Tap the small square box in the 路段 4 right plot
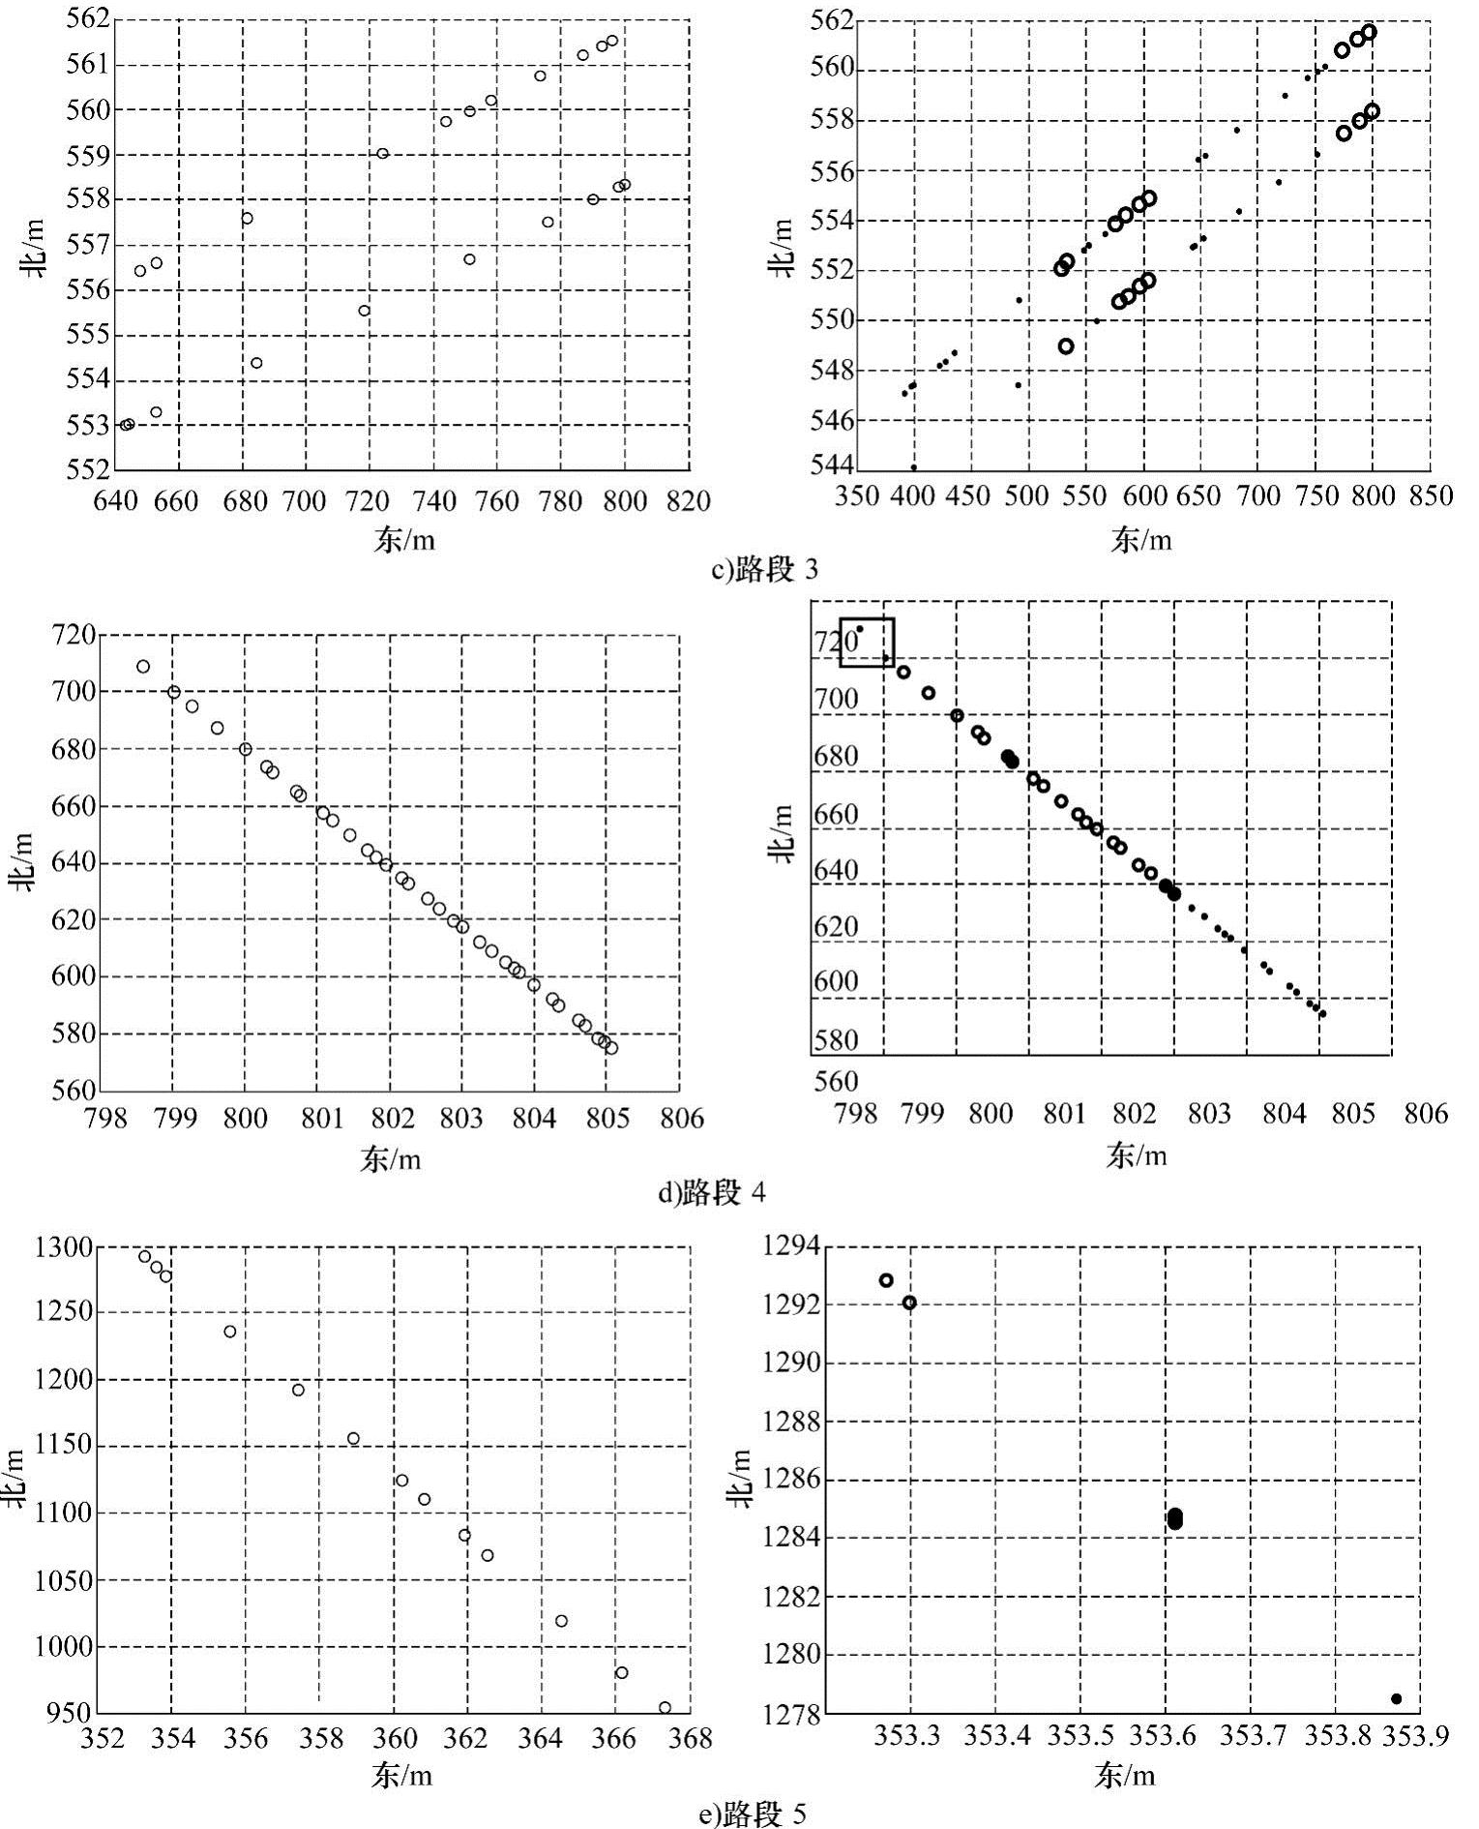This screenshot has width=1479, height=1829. pos(867,642)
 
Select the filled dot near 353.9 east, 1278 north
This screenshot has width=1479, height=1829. pos(1396,1698)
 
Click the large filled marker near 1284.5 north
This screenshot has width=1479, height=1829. pos(1174,1519)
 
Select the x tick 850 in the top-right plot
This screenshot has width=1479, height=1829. pos(1430,497)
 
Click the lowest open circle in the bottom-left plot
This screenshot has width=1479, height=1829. pos(665,1707)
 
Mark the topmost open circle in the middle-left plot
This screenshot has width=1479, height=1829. pos(143,667)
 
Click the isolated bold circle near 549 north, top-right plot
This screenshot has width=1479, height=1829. pos(1066,346)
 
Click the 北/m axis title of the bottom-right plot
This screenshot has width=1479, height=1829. pos(739,1479)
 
